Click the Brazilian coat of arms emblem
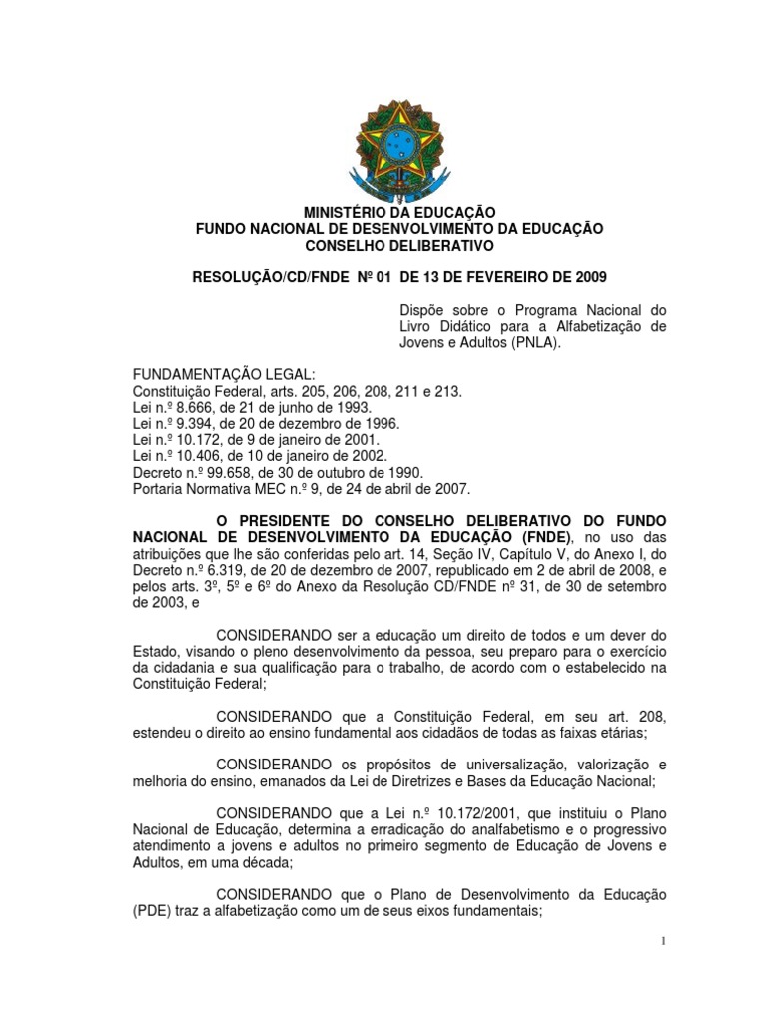tap(398, 154)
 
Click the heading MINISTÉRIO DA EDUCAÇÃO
tap(399, 212)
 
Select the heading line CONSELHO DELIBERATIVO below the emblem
tap(399, 245)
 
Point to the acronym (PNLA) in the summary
tap(532, 344)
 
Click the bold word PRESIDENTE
tap(282, 521)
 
